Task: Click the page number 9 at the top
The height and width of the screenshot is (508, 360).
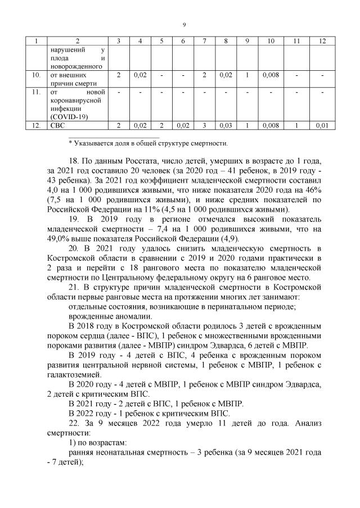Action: point(184,24)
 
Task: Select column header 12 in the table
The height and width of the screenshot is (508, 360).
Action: point(322,41)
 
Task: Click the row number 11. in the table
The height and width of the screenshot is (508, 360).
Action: point(36,92)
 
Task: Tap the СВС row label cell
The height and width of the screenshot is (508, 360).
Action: point(57,125)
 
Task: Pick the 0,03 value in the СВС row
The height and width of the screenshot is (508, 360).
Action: point(226,125)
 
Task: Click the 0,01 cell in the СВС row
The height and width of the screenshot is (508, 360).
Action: point(322,125)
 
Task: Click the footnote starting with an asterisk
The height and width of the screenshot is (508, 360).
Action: point(148,143)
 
